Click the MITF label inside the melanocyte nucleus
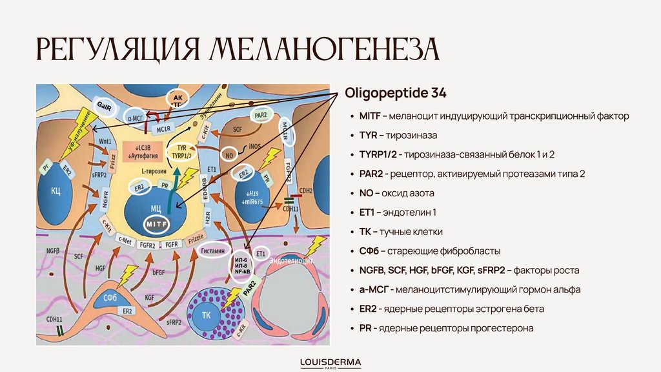tap(156, 223)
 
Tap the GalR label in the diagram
tap(105, 105)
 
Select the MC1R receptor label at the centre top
tap(163, 128)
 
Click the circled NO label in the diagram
tap(229, 156)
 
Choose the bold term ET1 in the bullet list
tap(367, 212)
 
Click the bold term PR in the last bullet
tap(365, 328)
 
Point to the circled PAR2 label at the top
tap(261, 116)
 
